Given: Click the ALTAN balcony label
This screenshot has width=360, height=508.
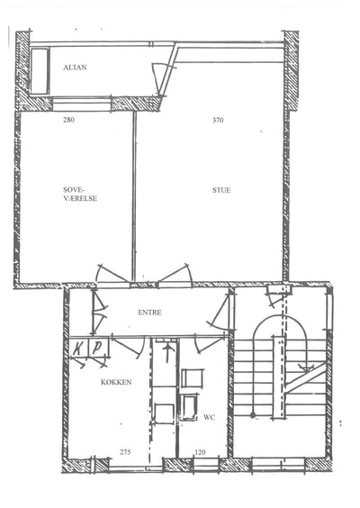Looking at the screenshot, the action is point(75,68).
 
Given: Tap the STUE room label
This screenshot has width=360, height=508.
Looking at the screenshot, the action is point(221,190).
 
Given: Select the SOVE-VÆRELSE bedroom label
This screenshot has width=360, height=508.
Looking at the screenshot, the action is point(80,194).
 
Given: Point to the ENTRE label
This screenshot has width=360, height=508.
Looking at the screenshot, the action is point(149,313).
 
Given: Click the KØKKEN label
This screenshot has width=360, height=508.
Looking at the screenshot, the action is point(116,382).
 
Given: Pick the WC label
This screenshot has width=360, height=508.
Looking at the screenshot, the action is point(209,417).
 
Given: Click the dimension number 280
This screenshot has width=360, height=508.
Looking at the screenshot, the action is point(68,120).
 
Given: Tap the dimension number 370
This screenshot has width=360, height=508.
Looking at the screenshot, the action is point(218,120).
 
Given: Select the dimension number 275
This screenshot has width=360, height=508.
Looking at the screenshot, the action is point(125,452).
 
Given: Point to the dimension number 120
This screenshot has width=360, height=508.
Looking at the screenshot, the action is point(200,452).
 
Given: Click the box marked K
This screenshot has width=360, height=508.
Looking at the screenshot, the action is point(78,349).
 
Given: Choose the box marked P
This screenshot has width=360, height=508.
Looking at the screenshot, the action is point(98,348).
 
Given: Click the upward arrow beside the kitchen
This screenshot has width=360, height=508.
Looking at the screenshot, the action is point(167,353).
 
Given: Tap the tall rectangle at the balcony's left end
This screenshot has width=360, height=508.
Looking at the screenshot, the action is point(40,71).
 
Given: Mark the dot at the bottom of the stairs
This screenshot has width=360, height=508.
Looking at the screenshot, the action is point(253,414).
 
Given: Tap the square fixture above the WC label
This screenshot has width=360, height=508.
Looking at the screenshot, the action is point(193,378).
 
